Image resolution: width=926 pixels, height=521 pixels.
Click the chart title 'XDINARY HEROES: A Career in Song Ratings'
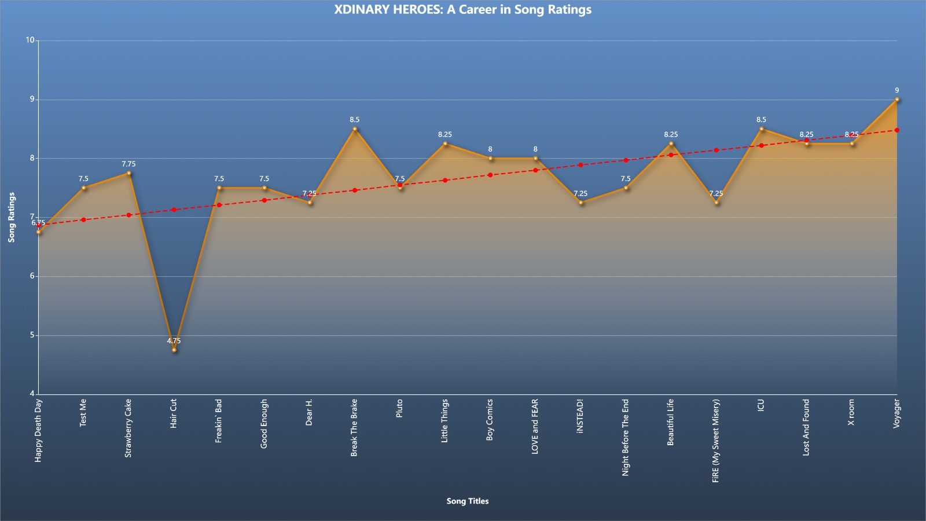click(x=462, y=9)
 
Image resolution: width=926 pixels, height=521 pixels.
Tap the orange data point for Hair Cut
click(x=174, y=350)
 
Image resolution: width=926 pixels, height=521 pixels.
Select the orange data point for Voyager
click(x=896, y=100)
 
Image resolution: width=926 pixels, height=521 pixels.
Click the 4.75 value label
click(x=174, y=341)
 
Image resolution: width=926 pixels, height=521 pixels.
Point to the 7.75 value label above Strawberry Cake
click(x=128, y=164)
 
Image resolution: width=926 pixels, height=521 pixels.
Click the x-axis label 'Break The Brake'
click(x=354, y=428)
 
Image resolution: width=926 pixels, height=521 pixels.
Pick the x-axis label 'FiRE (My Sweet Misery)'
click(x=715, y=441)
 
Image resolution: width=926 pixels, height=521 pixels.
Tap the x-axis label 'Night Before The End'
click(x=625, y=438)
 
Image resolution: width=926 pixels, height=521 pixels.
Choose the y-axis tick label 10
click(x=30, y=40)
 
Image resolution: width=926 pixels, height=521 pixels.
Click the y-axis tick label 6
click(x=32, y=276)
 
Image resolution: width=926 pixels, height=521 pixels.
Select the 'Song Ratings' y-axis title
click(x=11, y=218)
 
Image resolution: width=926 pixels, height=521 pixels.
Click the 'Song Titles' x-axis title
click(x=468, y=501)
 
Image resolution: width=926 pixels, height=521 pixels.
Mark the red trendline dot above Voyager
click(x=896, y=130)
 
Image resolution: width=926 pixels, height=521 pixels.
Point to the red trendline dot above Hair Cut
click(x=174, y=210)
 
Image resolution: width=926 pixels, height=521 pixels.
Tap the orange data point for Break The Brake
click(x=355, y=129)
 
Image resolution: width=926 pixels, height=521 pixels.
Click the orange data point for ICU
click(x=762, y=129)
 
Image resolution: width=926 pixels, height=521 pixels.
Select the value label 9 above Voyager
click(x=896, y=90)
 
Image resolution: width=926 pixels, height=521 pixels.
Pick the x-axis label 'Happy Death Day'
click(x=38, y=431)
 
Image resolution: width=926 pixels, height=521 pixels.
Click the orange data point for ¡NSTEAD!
click(x=581, y=203)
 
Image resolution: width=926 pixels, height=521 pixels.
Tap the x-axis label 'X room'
click(x=851, y=412)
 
